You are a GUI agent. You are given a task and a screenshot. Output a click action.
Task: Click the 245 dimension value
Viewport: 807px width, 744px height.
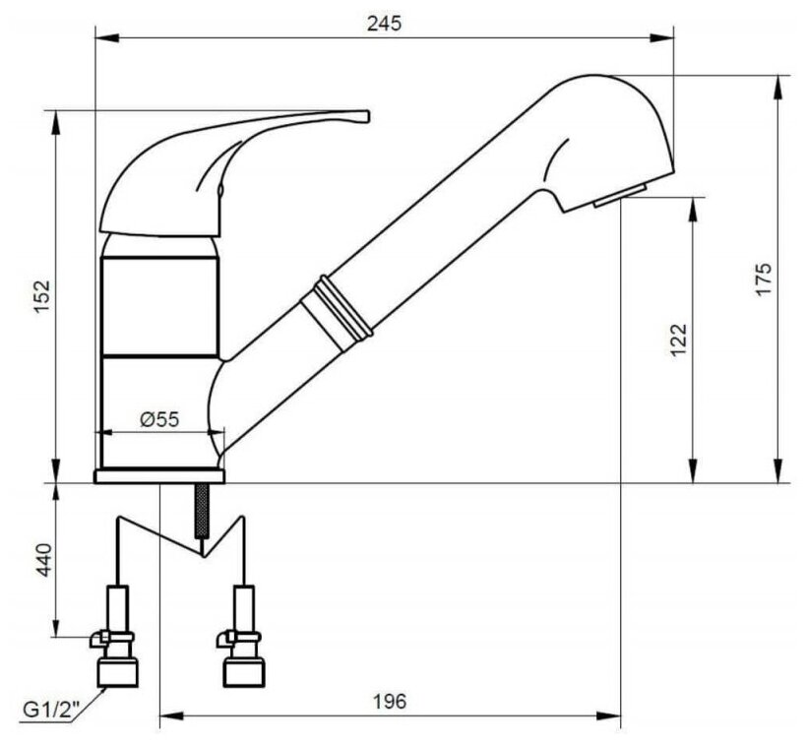pos(384,24)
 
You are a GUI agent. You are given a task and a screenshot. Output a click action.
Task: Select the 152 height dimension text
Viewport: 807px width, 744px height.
pos(41,297)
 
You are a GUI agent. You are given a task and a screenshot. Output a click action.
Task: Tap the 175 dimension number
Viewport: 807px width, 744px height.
pos(765,279)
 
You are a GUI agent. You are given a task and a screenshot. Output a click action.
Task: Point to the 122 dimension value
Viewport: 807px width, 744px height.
pos(679,340)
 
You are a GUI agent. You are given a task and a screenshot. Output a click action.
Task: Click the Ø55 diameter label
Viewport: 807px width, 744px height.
pos(159,419)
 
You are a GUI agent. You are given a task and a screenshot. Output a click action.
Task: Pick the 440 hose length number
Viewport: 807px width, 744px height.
pos(43,560)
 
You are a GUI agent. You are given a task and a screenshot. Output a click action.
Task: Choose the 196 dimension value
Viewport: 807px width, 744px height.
pos(389,701)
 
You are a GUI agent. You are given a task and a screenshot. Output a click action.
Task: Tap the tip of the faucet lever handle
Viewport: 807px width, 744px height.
pos(368,116)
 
